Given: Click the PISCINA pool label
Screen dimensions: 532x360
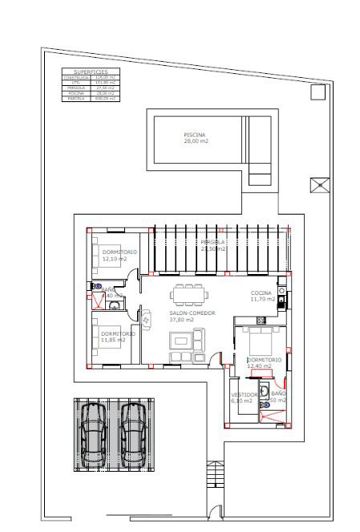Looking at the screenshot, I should tap(195, 134).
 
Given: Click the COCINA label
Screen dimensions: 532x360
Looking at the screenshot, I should tap(262, 293).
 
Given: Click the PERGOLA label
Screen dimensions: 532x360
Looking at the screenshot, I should tap(212, 242).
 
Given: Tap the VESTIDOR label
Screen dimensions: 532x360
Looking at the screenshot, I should tap(244, 394).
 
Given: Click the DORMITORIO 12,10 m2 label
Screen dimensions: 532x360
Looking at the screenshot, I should tap(117, 253).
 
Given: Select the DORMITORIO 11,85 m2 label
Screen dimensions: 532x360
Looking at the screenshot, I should tap(117, 333).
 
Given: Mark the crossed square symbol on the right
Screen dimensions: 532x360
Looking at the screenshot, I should tap(319, 185).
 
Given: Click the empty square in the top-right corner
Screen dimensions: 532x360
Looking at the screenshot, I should tap(317, 92).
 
